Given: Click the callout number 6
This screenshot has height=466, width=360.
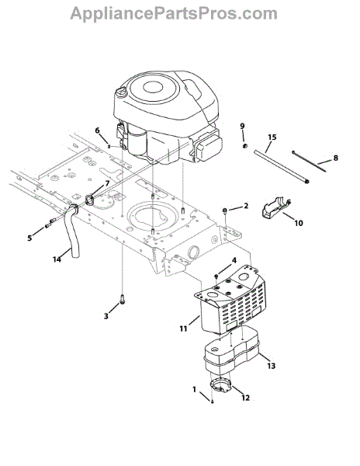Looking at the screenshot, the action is [97, 130].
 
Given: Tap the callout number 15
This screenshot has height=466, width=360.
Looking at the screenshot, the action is [272, 137].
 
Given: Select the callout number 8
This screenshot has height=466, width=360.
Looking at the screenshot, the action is [335, 158].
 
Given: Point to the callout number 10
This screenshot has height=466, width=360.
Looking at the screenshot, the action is [299, 223].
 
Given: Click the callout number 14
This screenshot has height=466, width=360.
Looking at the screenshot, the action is [57, 259].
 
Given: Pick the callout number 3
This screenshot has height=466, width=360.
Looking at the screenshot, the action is [106, 317].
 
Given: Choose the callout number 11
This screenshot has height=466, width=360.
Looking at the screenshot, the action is [183, 329].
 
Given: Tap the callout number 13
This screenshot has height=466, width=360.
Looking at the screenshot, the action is [272, 366].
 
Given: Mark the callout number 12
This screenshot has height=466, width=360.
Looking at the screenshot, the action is [245, 398].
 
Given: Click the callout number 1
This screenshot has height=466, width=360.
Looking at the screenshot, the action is [195, 389].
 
